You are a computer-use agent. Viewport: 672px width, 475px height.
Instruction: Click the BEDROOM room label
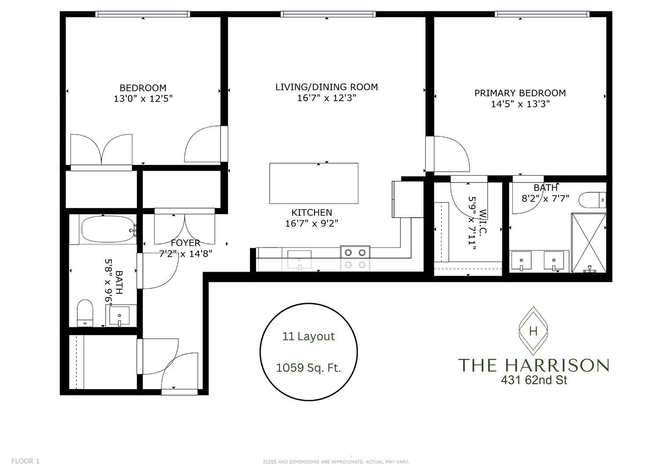[143, 88]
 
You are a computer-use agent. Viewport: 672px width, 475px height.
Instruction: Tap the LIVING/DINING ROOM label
[326, 87]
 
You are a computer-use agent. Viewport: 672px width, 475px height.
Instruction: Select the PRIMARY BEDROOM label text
[520, 93]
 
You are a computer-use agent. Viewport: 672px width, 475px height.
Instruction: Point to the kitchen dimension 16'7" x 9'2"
[311, 223]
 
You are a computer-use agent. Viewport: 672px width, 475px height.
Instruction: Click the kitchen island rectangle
[314, 183]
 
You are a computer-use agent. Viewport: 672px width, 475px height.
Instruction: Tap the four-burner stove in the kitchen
[355, 258]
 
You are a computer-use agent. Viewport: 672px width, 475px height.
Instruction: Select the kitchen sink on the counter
[299, 259]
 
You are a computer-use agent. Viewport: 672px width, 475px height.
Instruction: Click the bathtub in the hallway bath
[108, 229]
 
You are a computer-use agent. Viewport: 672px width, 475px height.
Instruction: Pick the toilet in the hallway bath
[85, 312]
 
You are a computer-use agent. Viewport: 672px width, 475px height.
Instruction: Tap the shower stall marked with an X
[588, 243]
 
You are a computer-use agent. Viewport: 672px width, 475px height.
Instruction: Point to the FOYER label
[185, 243]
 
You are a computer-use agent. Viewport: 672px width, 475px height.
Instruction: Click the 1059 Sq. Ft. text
[308, 368]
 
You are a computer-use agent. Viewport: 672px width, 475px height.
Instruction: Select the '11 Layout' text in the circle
[308, 336]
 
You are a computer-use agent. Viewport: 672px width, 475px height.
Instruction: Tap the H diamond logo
[533, 331]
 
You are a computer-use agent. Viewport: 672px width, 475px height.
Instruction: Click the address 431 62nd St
[533, 380]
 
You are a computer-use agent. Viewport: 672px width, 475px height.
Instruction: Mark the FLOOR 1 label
[25, 461]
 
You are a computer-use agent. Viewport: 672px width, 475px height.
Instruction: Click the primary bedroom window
[541, 15]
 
